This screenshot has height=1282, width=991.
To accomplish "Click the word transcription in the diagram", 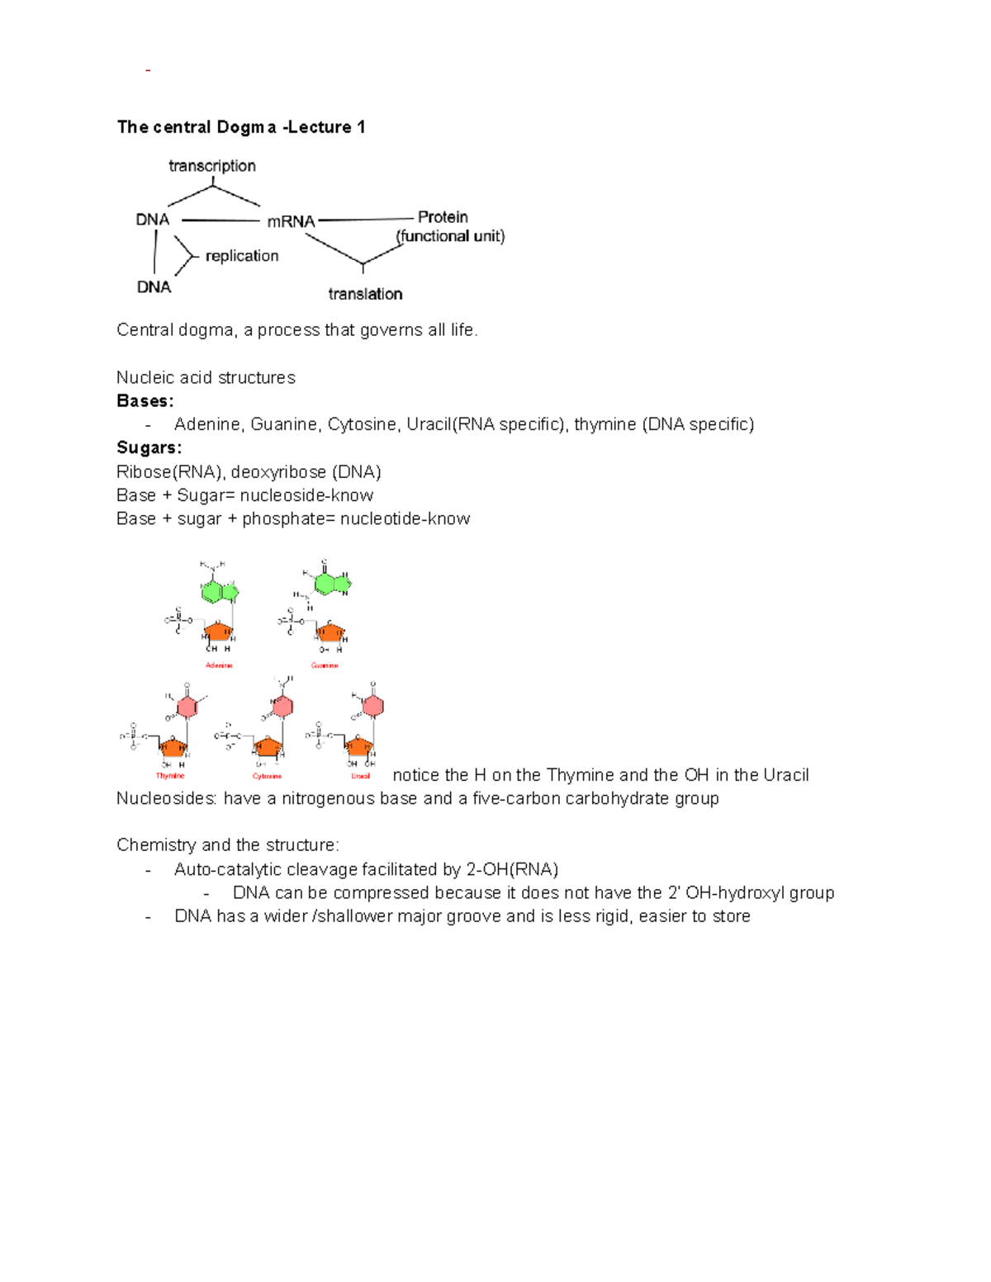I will (x=212, y=166).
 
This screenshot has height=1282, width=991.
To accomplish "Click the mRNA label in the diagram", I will (x=291, y=221).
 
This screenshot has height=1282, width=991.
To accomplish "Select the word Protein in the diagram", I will (x=443, y=217).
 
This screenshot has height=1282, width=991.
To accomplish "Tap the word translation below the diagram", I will (x=365, y=294).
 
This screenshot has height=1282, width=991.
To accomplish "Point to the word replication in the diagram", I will (x=242, y=256).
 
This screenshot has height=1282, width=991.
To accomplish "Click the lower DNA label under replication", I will (x=154, y=286).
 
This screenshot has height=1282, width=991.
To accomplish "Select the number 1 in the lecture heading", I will (x=361, y=127).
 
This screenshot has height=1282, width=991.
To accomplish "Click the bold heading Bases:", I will (x=145, y=401).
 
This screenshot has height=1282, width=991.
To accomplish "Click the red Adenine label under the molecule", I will (x=219, y=665).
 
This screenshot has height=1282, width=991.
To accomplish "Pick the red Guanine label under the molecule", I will (x=325, y=665).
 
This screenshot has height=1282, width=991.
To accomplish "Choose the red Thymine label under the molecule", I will (x=170, y=776).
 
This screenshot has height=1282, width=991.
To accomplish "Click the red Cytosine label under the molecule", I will (x=267, y=776).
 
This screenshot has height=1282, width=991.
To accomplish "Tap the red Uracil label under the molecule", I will (x=361, y=776).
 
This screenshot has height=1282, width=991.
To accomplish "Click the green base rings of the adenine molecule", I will (x=219, y=591).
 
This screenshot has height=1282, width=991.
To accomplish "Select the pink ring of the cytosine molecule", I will (x=282, y=707).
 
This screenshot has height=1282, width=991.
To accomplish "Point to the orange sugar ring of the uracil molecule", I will (x=360, y=746).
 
